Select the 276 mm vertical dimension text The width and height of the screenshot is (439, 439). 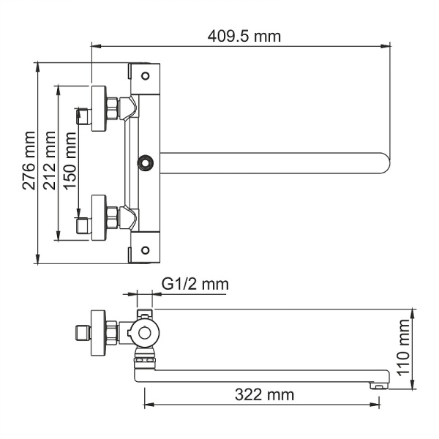tap(28, 161)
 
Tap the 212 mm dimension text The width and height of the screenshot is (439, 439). tap(50, 161)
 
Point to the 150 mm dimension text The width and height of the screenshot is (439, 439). tap(70, 161)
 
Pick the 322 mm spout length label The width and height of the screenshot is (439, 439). tap(264, 395)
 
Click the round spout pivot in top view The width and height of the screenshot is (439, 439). tap(146, 162)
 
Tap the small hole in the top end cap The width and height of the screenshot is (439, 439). tap(146, 75)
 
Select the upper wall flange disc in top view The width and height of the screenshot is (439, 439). tap(97, 109)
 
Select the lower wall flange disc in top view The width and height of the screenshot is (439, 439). tap(97, 217)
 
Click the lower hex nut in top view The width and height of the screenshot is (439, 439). tap(113, 217)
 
